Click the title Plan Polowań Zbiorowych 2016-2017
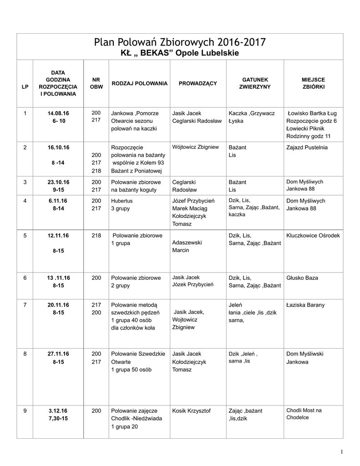point(179,43)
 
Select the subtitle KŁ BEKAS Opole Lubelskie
point(179,53)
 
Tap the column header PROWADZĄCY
point(198,83)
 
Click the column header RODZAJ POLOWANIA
point(139,83)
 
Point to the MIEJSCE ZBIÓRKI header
point(313,83)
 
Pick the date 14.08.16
point(58,113)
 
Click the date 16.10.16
point(58,147)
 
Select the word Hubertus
point(122,201)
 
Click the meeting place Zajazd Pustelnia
point(307,147)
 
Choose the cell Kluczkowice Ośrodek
point(313,236)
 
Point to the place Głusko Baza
point(302,278)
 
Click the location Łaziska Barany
point(305,305)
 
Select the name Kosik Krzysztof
point(192,410)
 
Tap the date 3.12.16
point(58,410)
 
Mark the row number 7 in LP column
point(25,305)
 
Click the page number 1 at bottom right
point(341,451)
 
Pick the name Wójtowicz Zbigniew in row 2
point(196,147)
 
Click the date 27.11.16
point(58,354)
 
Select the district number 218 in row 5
point(96,236)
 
